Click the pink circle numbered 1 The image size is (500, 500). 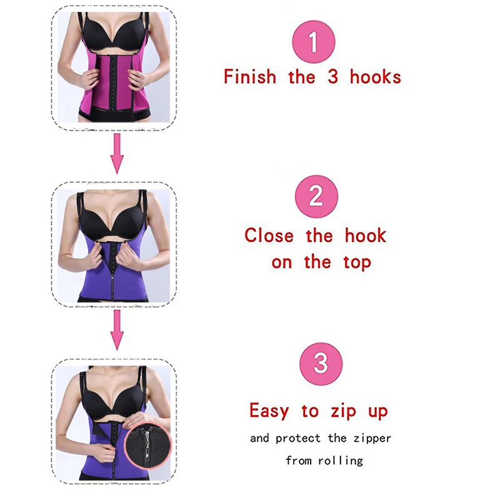tap(314, 42)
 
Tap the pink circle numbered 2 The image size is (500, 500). tap(316, 196)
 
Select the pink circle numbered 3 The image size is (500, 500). tap(321, 364)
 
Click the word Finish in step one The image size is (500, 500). tap(249, 77)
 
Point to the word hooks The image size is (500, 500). tap(376, 77)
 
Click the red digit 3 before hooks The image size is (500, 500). tap(332, 77)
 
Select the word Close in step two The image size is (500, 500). tap(269, 236)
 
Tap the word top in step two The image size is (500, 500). tap(357, 263)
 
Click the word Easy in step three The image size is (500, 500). tap(269, 411)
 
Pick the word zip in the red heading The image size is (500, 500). tap(343, 411)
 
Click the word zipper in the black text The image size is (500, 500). tap(372, 439)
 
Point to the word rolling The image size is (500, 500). tap(340, 461)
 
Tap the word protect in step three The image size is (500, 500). tap(298, 439)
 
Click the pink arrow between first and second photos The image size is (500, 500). tap(117, 154)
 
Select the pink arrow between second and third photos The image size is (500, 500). tap(117, 330)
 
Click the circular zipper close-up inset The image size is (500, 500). tap(147, 446)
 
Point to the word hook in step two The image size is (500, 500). tap(366, 236)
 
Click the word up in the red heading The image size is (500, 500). tap(378, 412)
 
